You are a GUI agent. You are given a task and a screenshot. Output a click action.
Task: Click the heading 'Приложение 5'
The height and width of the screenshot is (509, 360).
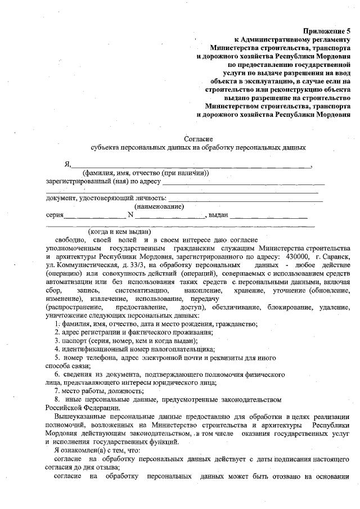click(326, 31)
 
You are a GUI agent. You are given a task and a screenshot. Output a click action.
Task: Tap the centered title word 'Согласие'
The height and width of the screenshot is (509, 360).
click(197, 138)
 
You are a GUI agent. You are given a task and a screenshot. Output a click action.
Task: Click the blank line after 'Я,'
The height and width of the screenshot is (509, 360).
click(191, 166)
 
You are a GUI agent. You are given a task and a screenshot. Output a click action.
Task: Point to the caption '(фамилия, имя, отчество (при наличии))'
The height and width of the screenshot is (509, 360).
click(146, 173)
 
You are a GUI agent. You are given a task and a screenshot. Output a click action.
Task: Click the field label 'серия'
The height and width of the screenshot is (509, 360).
click(54, 215)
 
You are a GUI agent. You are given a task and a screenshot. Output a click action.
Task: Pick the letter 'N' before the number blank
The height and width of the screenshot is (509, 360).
click(130, 215)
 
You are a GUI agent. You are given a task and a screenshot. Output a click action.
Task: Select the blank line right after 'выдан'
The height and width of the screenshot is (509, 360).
click(268, 216)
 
